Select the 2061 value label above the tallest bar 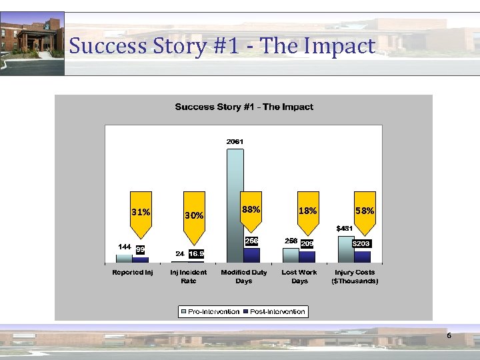tap(235, 141)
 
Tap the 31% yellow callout tap(140, 213)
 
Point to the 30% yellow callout tap(195, 216)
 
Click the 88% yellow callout tap(251, 209)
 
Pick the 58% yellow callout tap(365, 211)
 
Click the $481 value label tap(345, 229)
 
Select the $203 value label tap(361, 244)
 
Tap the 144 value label tap(124, 247)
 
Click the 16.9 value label tap(196, 254)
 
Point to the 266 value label tap(251, 241)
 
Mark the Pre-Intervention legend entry tap(210, 311)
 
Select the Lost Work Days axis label tap(299, 276)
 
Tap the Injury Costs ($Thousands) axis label tap(355, 276)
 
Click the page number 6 tap(449, 335)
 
